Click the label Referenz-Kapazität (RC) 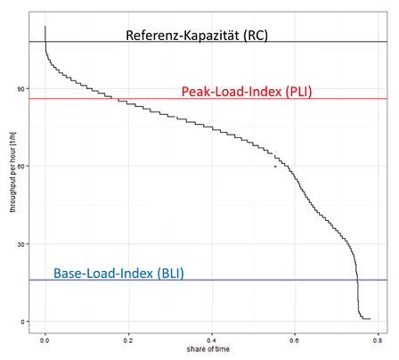[x=197, y=36]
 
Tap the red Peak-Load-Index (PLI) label [x=247, y=91]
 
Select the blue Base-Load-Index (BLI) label [x=118, y=274]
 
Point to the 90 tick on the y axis [x=22, y=89]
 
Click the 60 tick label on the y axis [x=22, y=166]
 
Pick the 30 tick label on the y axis [x=22, y=244]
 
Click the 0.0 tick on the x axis [x=45, y=340]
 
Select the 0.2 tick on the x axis [x=128, y=340]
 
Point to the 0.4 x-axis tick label [x=211, y=340]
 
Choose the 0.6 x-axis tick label [x=295, y=340]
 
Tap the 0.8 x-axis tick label [x=378, y=340]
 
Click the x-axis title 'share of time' [x=208, y=349]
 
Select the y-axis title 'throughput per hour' [x=12, y=172]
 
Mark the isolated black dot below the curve [x=275, y=167]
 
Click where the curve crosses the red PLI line [x=115, y=99]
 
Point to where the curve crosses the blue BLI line [x=357, y=280]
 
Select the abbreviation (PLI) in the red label [x=299, y=91]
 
